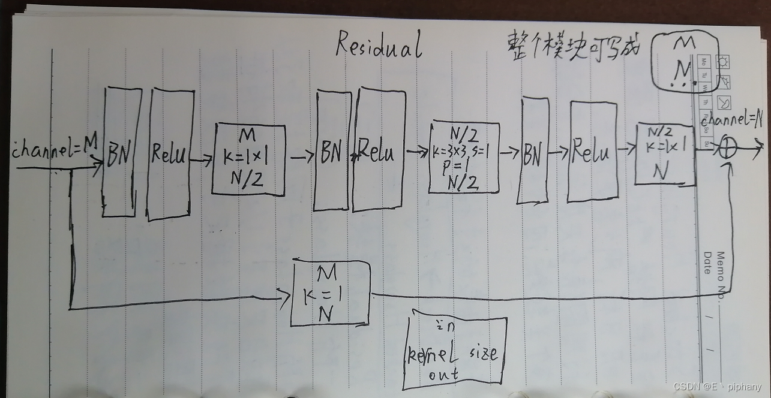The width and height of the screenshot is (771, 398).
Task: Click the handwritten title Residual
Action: [378, 45]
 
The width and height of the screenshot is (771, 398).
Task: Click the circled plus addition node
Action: [727, 150]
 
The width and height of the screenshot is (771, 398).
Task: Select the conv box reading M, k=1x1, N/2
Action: [248, 159]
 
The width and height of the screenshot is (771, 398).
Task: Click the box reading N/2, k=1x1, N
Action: [664, 155]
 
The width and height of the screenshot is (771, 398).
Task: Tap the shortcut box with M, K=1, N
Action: [329, 294]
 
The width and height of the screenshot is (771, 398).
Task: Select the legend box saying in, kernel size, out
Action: [455, 354]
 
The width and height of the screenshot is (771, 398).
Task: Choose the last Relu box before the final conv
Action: [593, 151]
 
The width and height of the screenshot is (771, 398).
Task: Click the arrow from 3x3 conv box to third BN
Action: [510, 153]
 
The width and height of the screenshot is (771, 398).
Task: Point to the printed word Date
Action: [707, 262]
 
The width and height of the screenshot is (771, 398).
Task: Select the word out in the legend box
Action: [443, 375]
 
